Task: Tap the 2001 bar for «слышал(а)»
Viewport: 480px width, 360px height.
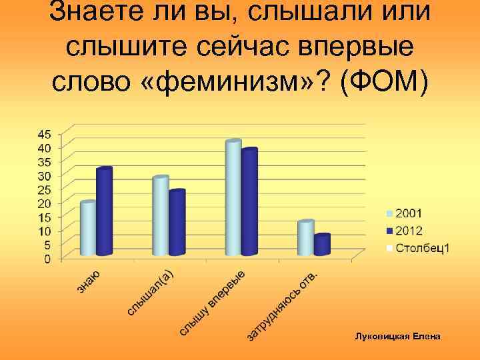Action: tap(161, 217)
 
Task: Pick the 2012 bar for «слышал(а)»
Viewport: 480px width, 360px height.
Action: tap(177, 223)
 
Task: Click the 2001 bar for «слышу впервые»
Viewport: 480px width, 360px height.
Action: tap(233, 199)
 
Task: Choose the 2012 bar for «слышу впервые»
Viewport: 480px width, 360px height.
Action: tap(249, 203)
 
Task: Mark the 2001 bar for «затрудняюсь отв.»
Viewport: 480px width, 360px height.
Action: tap(305, 238)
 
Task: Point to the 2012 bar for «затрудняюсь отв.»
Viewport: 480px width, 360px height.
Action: tap(322, 245)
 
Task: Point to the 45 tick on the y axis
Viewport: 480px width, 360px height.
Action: tap(43, 133)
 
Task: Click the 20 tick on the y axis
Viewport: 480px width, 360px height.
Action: tap(43, 203)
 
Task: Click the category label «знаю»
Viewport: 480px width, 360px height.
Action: tap(88, 281)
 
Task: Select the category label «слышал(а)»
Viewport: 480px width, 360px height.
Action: tap(151, 291)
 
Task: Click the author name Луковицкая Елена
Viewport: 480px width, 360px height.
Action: tap(397, 337)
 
